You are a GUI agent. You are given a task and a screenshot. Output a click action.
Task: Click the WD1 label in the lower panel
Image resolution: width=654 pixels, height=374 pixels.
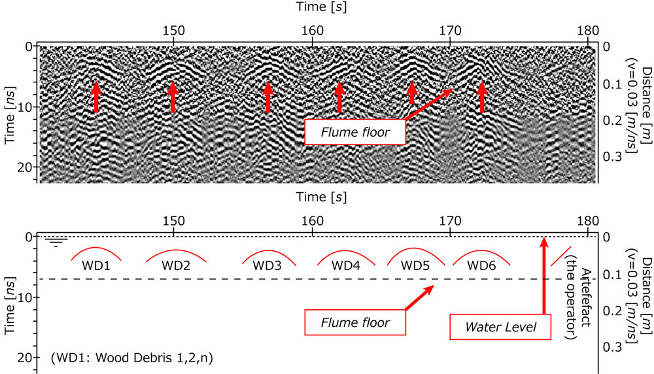[x=95, y=266]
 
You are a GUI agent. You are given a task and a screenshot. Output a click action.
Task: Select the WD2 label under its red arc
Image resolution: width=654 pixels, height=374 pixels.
[x=176, y=266]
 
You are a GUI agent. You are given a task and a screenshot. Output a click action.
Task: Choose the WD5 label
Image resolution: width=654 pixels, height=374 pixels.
[x=415, y=266]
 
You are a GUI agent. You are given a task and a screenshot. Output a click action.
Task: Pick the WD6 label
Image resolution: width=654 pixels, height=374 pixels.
[x=481, y=266]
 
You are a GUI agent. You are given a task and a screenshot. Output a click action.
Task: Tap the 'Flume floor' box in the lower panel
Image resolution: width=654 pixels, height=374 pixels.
[x=355, y=322]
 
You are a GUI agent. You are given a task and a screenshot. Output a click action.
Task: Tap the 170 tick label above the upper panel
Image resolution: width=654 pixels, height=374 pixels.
[x=451, y=29]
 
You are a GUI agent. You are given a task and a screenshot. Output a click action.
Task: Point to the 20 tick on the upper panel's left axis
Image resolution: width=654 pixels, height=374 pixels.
[x=27, y=167]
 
